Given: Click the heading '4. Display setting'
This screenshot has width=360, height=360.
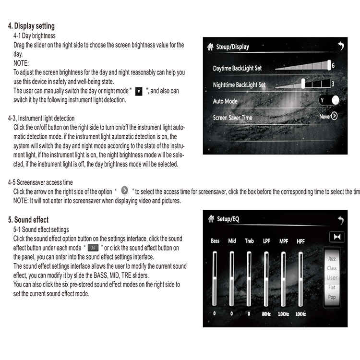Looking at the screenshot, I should pos(32,26).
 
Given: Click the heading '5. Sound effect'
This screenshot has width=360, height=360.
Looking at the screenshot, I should pos(28,220).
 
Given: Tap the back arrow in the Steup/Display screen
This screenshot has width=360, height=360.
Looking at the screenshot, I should pos(341,46).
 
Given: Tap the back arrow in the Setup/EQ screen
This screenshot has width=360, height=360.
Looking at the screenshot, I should pos(340,220).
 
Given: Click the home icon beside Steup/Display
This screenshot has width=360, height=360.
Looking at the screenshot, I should pos(210,47).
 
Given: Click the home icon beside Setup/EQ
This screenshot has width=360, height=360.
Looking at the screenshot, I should pos(211,219).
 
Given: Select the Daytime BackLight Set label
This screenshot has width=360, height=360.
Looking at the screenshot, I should pos(237,69).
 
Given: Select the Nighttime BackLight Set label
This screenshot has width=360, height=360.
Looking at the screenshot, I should pos(239,85).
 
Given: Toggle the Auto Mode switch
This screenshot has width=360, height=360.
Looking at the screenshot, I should pos(329,100).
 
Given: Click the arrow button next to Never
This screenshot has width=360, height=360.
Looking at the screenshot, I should pos(334,116).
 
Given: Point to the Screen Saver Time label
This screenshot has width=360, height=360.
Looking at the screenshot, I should pos(232,118).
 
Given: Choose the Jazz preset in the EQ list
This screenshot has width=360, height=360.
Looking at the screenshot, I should pos(332,258).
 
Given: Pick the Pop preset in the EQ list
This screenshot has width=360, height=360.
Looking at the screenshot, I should pos(332,297).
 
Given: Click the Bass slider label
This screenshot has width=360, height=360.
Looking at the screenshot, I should pos(215,240).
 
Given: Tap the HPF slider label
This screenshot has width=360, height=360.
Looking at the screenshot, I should pos(300,240).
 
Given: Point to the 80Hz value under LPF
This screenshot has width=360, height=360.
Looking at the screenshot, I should pos(266,314).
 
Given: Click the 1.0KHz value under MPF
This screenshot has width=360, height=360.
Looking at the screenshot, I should pos(283,314).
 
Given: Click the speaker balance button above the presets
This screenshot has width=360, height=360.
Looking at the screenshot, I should pos(336,237).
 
